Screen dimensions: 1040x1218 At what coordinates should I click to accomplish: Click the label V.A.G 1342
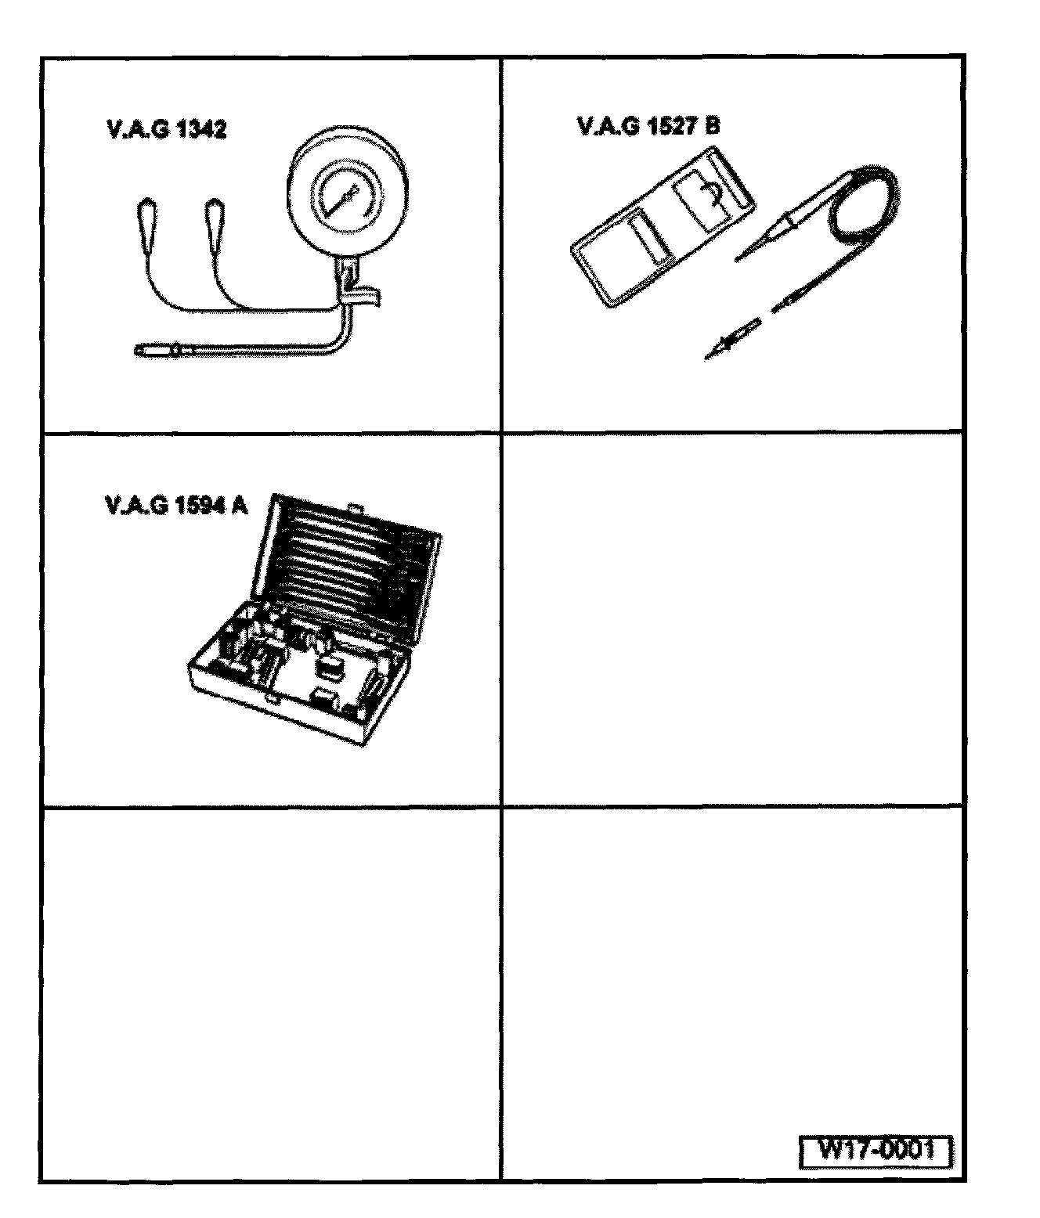(x=166, y=130)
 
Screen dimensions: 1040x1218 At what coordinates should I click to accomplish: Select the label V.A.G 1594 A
(x=175, y=506)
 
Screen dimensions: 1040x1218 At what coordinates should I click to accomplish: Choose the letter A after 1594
(x=239, y=506)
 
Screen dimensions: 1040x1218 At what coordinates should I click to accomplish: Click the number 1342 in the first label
(x=201, y=130)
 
